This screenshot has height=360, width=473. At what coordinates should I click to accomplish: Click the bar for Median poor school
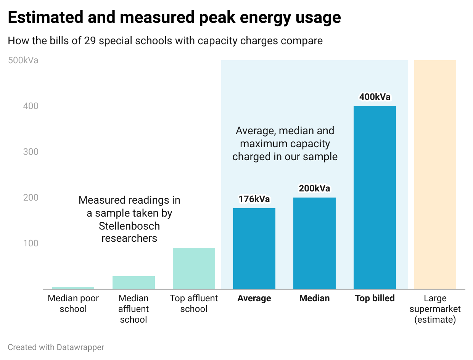coord(73,288)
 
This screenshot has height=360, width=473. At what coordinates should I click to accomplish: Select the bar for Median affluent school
coord(134,283)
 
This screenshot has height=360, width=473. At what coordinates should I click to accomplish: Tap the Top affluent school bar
coord(194,268)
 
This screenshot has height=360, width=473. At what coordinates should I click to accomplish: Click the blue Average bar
coord(254,249)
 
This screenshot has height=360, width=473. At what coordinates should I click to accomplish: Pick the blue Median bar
coord(314,243)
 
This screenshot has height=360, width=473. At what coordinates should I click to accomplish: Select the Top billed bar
coord(375,198)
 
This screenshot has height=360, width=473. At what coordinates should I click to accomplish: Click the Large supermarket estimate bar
coord(435,175)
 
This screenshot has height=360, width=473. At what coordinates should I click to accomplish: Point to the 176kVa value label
coord(254,199)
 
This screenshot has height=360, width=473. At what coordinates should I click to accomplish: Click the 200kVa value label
coord(314,188)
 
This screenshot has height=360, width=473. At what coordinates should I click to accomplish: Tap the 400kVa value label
coord(375,97)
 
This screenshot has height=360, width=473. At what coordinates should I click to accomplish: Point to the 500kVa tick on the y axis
coord(23,60)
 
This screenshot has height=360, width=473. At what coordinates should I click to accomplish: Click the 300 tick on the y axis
coord(31,152)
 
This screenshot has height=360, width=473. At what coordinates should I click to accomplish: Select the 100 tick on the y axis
coord(31,243)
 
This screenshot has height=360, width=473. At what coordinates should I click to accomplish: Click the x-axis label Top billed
coord(375,298)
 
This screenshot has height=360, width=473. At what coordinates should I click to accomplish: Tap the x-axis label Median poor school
coord(73,304)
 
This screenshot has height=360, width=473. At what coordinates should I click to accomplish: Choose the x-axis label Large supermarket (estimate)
coord(435,309)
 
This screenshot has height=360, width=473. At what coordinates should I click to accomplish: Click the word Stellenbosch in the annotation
coord(129,226)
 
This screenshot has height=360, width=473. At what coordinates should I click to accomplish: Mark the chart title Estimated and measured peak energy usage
coord(174,18)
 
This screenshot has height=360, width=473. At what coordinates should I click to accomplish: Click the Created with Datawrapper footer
coord(56,347)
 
